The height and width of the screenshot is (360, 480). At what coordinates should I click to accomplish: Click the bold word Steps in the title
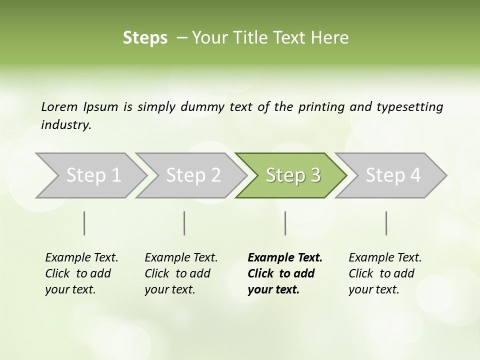click(x=145, y=38)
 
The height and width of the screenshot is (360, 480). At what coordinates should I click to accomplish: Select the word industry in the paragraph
click(x=65, y=125)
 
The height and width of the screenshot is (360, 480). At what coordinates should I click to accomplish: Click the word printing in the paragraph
click(x=322, y=107)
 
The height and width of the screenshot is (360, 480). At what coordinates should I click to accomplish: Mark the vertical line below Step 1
click(x=84, y=223)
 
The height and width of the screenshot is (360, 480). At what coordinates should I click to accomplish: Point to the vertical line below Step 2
click(x=184, y=223)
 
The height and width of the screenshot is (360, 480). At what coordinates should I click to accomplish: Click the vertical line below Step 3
click(x=285, y=223)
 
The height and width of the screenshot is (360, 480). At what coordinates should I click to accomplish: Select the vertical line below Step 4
click(x=386, y=223)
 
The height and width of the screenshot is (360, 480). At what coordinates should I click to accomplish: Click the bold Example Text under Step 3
click(x=285, y=258)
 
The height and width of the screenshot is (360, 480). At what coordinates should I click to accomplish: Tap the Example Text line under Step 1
click(x=81, y=258)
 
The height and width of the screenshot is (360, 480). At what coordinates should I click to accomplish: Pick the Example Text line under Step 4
click(x=385, y=258)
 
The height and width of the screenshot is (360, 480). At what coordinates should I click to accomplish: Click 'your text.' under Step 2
click(x=169, y=289)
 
